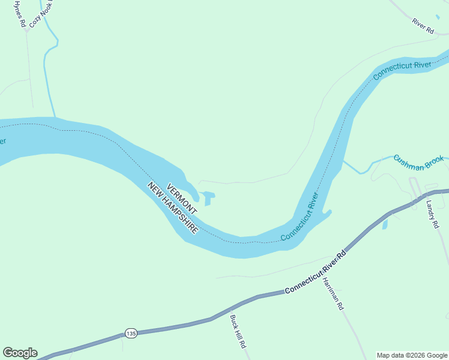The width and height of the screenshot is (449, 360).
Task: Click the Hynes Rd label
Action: pyautogui.click(x=20, y=14)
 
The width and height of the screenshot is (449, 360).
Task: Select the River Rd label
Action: pyautogui.click(x=423, y=26)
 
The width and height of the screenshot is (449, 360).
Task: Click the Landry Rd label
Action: pyautogui.click(x=432, y=214)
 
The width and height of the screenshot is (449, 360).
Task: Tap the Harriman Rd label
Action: pyautogui.click(x=332, y=293)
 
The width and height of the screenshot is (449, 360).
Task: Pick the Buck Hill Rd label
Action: pyautogui.click(x=238, y=332)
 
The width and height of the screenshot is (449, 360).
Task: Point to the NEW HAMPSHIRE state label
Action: pyautogui.click(x=173, y=208)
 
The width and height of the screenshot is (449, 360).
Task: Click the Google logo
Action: pyautogui.click(x=20, y=353)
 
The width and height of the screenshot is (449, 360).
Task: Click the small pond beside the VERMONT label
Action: pyautogui.click(x=208, y=197)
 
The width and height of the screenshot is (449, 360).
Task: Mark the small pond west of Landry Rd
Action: pyautogui.click(x=385, y=224)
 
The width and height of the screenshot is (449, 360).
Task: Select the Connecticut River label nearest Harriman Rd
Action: pyautogui.click(x=298, y=217)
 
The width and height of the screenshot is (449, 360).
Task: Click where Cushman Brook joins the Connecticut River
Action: pyautogui.click(x=344, y=161)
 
